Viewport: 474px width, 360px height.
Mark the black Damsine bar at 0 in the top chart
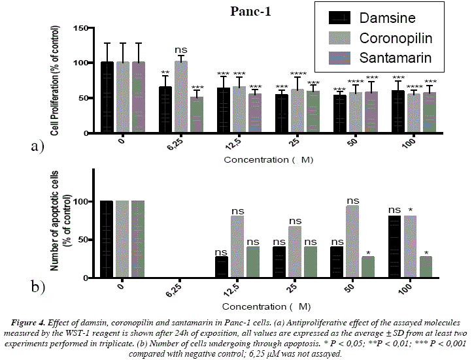point(107,98)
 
